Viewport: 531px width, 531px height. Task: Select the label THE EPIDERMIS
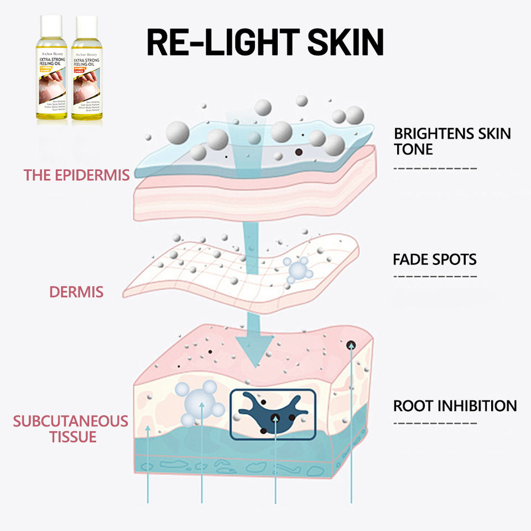coord(76,175)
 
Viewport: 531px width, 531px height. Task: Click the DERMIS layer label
coord(77,291)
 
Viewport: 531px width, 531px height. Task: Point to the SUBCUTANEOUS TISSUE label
coord(71,429)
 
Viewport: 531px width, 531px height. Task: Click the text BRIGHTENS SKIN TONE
coord(452,142)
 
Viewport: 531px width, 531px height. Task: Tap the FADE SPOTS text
coord(434,259)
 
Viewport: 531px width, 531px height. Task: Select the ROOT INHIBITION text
coord(455,405)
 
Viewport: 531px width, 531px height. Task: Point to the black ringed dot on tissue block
coord(351,345)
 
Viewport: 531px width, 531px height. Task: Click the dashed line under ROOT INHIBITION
coord(434,424)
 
